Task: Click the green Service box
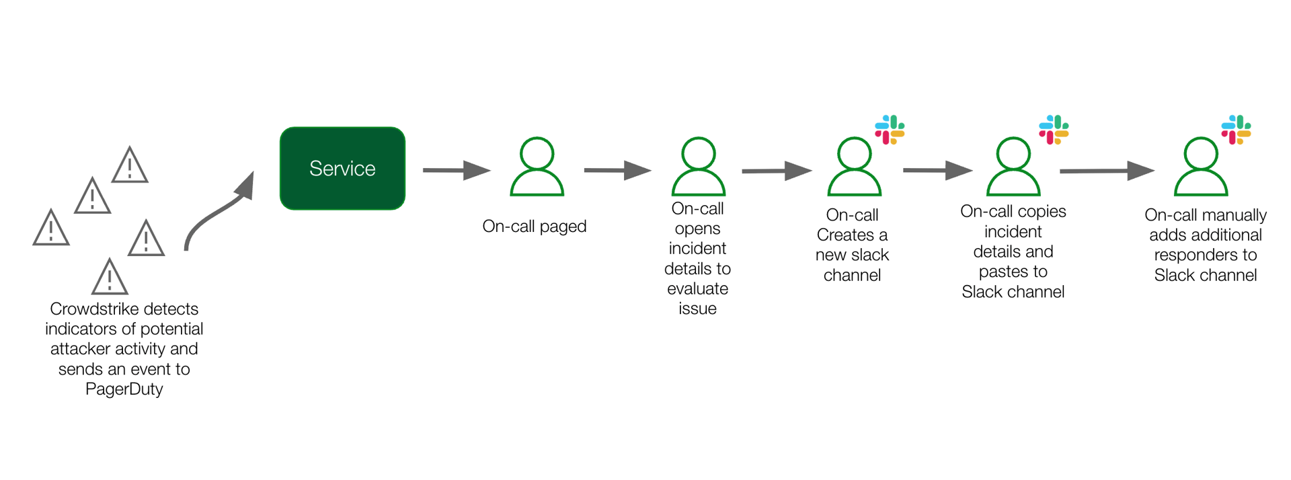(x=342, y=168)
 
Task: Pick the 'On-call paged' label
(x=534, y=227)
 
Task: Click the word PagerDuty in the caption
(x=124, y=389)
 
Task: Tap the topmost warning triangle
(x=130, y=165)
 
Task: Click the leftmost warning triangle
(x=51, y=228)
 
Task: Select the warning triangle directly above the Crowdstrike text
(x=110, y=277)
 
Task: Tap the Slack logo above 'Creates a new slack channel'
(x=889, y=130)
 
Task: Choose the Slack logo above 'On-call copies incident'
(x=1053, y=130)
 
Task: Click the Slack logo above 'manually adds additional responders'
(x=1236, y=130)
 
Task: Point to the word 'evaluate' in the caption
(x=697, y=289)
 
